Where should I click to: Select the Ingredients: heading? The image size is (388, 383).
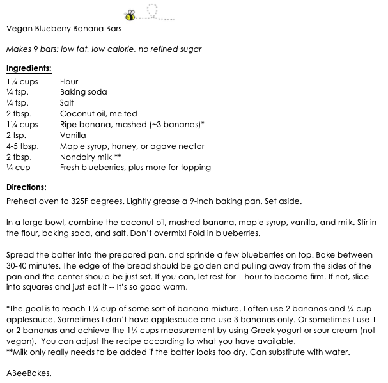[x=29, y=68]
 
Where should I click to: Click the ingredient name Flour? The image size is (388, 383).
[x=69, y=82]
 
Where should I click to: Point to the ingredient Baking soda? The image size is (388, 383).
[x=83, y=92]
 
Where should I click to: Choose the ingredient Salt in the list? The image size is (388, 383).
[x=67, y=103]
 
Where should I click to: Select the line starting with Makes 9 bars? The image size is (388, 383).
[x=113, y=49]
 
